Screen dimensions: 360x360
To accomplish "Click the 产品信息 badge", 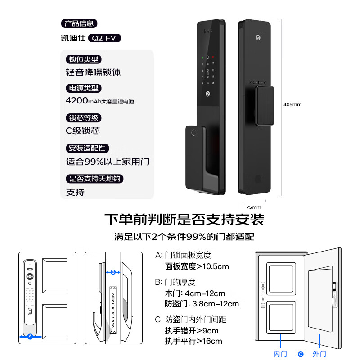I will tap(79, 24).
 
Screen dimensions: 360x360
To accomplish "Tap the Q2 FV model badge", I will tap(105, 38).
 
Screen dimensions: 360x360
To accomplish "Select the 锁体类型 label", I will tap(83, 59).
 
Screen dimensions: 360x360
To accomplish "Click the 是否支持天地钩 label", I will tap(94, 179).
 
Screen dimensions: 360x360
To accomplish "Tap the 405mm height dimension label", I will tap(292, 104).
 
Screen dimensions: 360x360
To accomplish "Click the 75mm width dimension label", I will tap(254, 207).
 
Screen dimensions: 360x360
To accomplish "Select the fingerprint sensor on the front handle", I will tap(193, 134).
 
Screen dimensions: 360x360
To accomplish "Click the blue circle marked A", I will tap(30, 336).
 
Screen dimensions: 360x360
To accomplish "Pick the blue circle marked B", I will tap(113, 272).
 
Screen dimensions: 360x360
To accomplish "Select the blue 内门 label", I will tap(280, 354).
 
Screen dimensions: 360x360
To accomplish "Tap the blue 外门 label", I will tap(319, 354).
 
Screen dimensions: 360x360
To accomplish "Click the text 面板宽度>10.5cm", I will tap(197, 266).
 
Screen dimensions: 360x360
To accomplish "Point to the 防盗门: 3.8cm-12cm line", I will tap(202, 304).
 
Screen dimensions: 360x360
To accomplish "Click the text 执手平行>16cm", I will tap(193, 341).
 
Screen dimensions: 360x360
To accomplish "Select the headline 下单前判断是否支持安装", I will tap(184, 220).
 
